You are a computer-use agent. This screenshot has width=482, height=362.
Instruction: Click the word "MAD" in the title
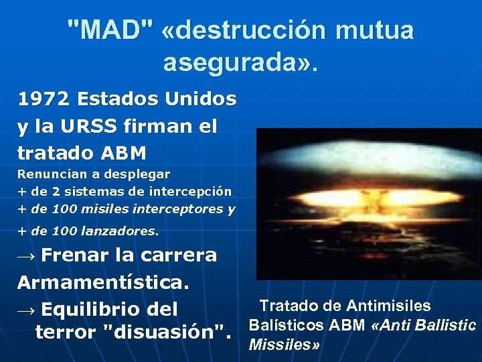(x=110, y=29)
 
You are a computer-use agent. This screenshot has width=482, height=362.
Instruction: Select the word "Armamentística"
(x=103, y=282)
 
